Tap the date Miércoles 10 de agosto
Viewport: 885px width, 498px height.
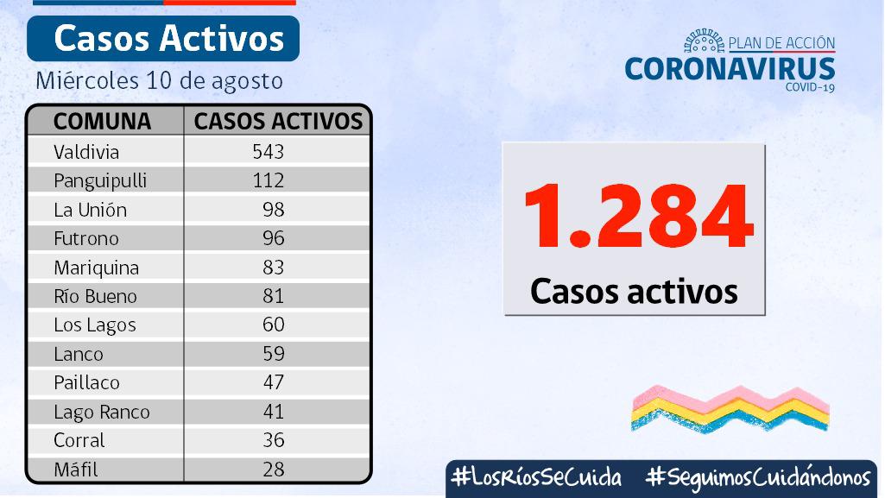pyautogui.click(x=160, y=81)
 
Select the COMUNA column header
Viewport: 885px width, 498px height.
pyautogui.click(x=102, y=121)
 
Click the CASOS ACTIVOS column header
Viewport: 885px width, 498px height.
pyautogui.click(x=278, y=121)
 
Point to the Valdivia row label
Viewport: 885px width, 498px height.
pyautogui.click(x=86, y=152)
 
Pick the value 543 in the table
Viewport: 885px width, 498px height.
pyautogui.click(x=269, y=152)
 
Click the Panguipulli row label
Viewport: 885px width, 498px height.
pyautogui.click(x=100, y=180)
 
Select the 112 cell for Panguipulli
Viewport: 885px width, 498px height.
pyautogui.click(x=269, y=180)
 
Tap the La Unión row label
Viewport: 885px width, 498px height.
pyautogui.click(x=90, y=210)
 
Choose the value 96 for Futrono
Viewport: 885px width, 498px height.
pyautogui.click(x=274, y=238)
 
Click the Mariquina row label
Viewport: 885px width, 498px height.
pyautogui.click(x=96, y=268)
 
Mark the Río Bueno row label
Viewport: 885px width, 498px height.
pyautogui.click(x=95, y=296)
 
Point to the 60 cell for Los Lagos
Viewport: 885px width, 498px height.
pyautogui.click(x=274, y=325)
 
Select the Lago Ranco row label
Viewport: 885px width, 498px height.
pyautogui.click(x=101, y=412)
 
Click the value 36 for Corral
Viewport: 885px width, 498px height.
pyautogui.click(x=274, y=440)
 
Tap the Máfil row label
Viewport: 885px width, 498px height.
pyautogui.click(x=75, y=470)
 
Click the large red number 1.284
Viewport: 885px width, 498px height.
pyautogui.click(x=637, y=217)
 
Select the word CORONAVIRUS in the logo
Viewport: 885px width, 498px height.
pyautogui.click(x=730, y=68)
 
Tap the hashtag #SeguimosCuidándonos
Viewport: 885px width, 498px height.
pyautogui.click(x=757, y=477)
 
